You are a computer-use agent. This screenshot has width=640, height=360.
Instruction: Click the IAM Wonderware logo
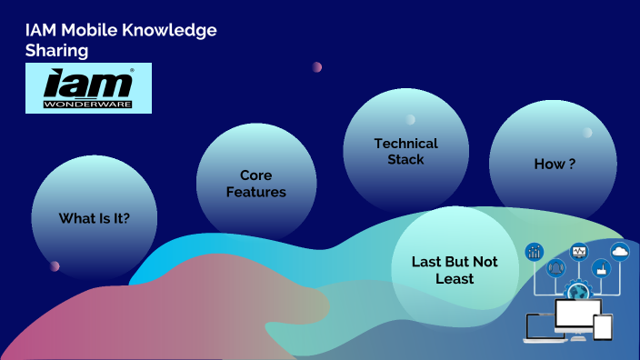point(88,88)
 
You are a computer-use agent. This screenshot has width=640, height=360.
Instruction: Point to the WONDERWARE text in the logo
point(88,104)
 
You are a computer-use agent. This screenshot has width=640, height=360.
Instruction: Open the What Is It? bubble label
point(95,218)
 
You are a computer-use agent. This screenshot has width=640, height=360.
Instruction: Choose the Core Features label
point(255,183)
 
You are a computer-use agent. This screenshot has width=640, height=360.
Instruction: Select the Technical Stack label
point(405,151)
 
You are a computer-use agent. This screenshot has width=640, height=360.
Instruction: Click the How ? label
point(554,164)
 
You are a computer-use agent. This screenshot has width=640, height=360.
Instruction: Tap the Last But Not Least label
point(455,270)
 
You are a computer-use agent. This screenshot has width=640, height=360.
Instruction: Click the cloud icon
point(620,251)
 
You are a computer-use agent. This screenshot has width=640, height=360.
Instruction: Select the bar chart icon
point(535,251)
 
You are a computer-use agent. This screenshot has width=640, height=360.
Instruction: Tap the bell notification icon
point(555,268)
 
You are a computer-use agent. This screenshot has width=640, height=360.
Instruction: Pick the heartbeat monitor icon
point(578,251)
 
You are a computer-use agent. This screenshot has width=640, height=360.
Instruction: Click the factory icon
point(600,268)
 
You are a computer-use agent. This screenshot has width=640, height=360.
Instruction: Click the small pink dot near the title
point(316,67)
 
